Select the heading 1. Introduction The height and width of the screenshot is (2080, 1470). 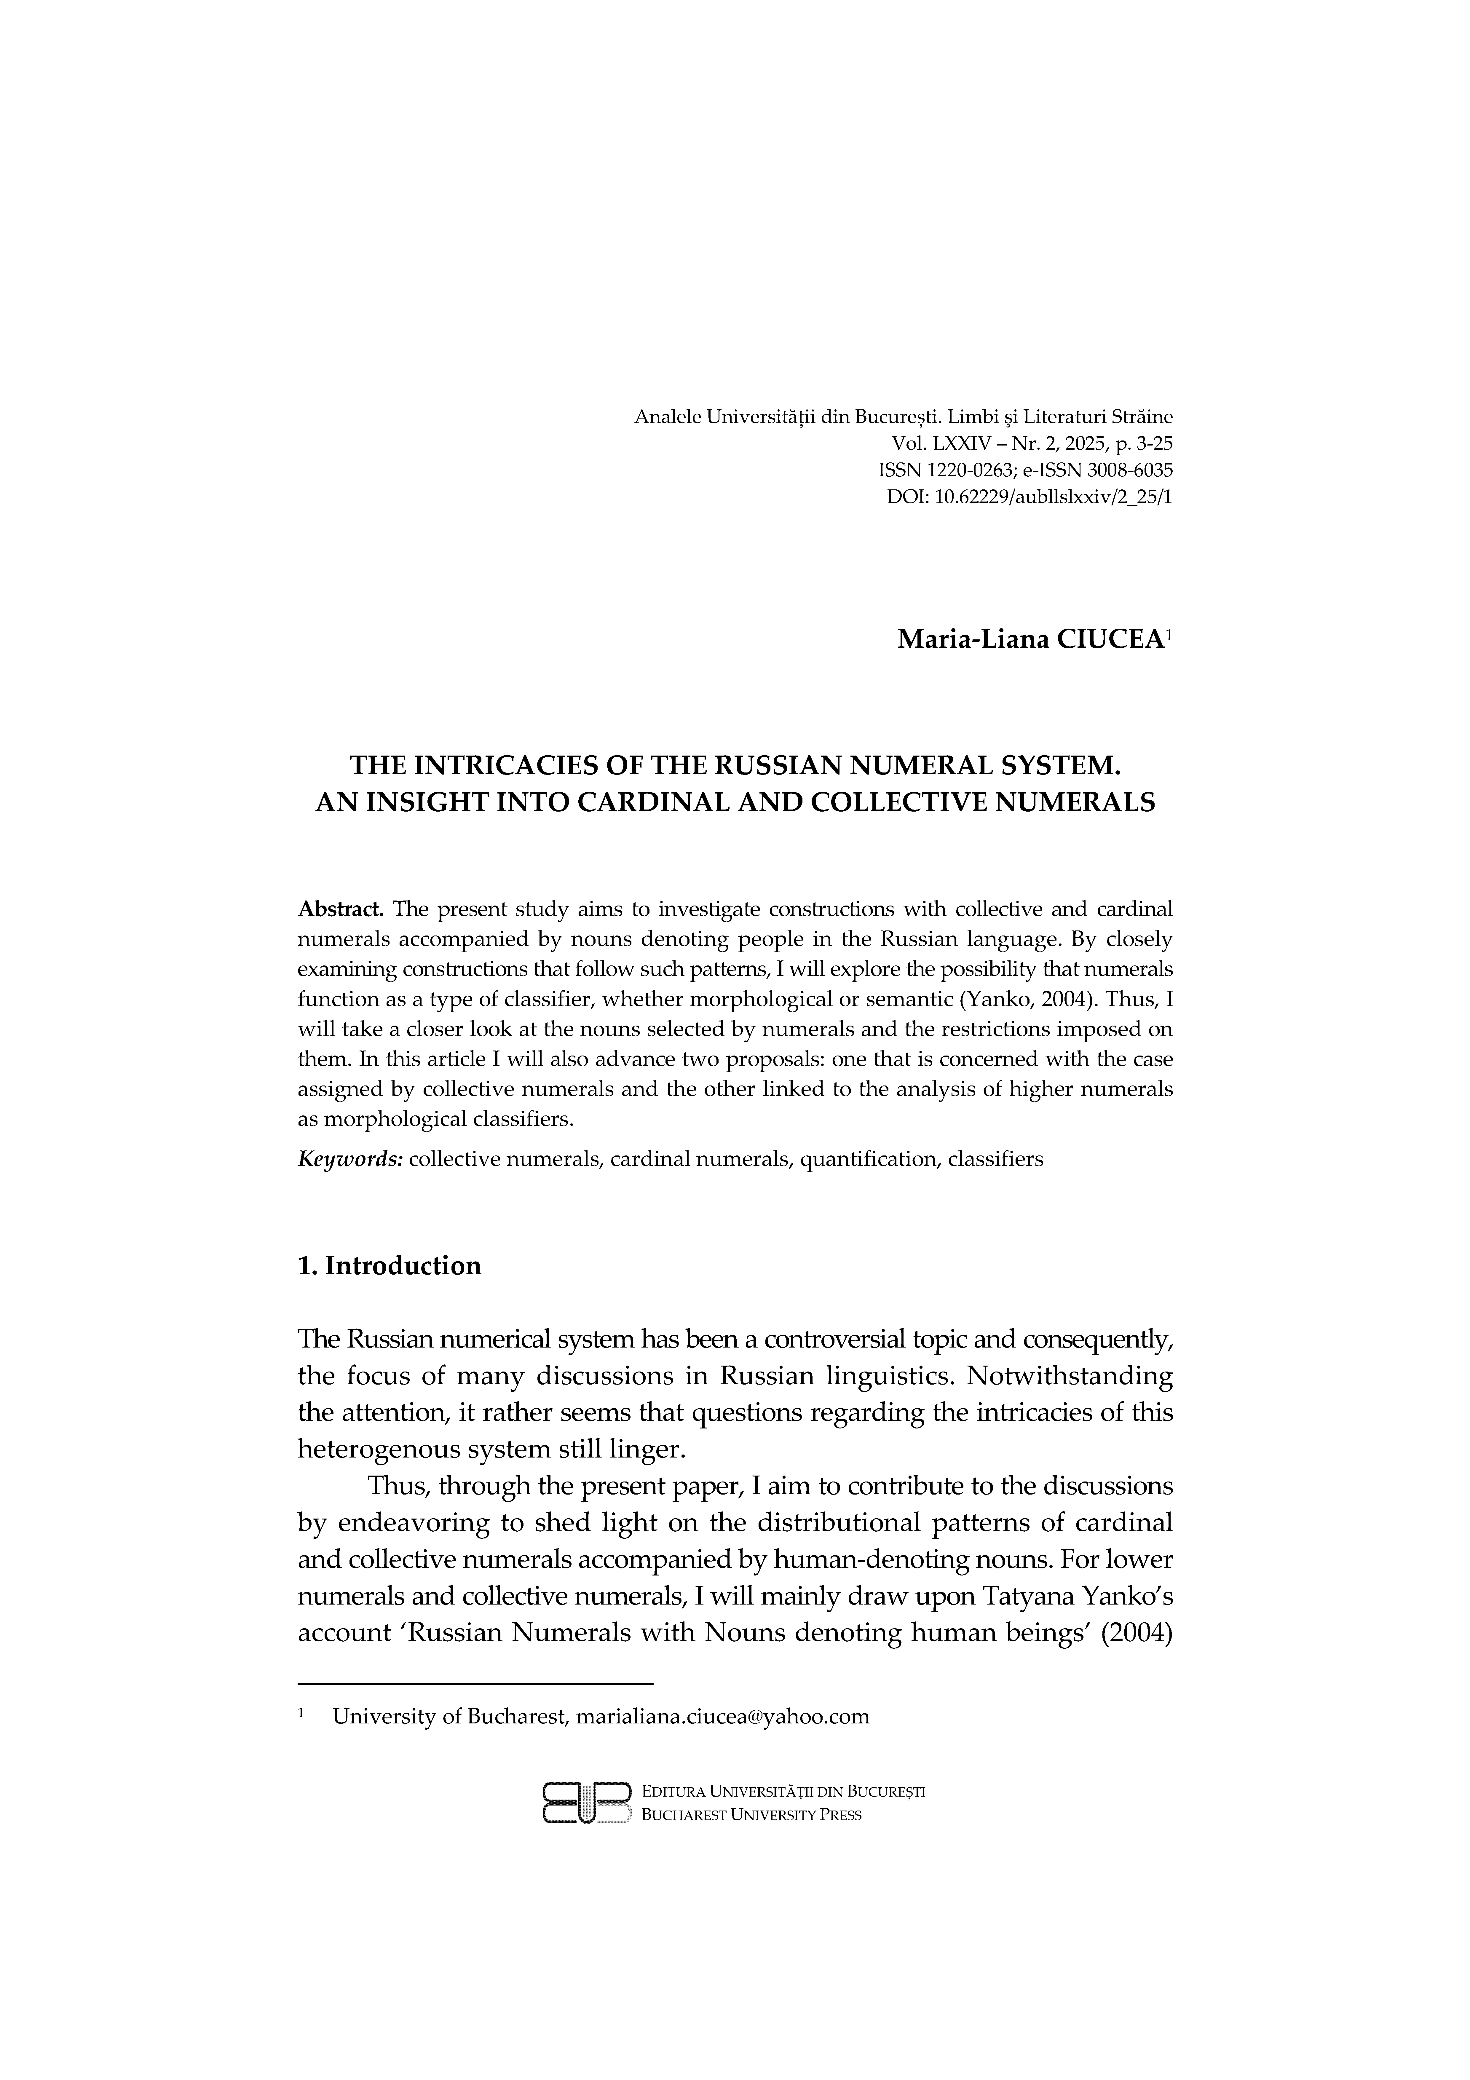point(390,1265)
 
